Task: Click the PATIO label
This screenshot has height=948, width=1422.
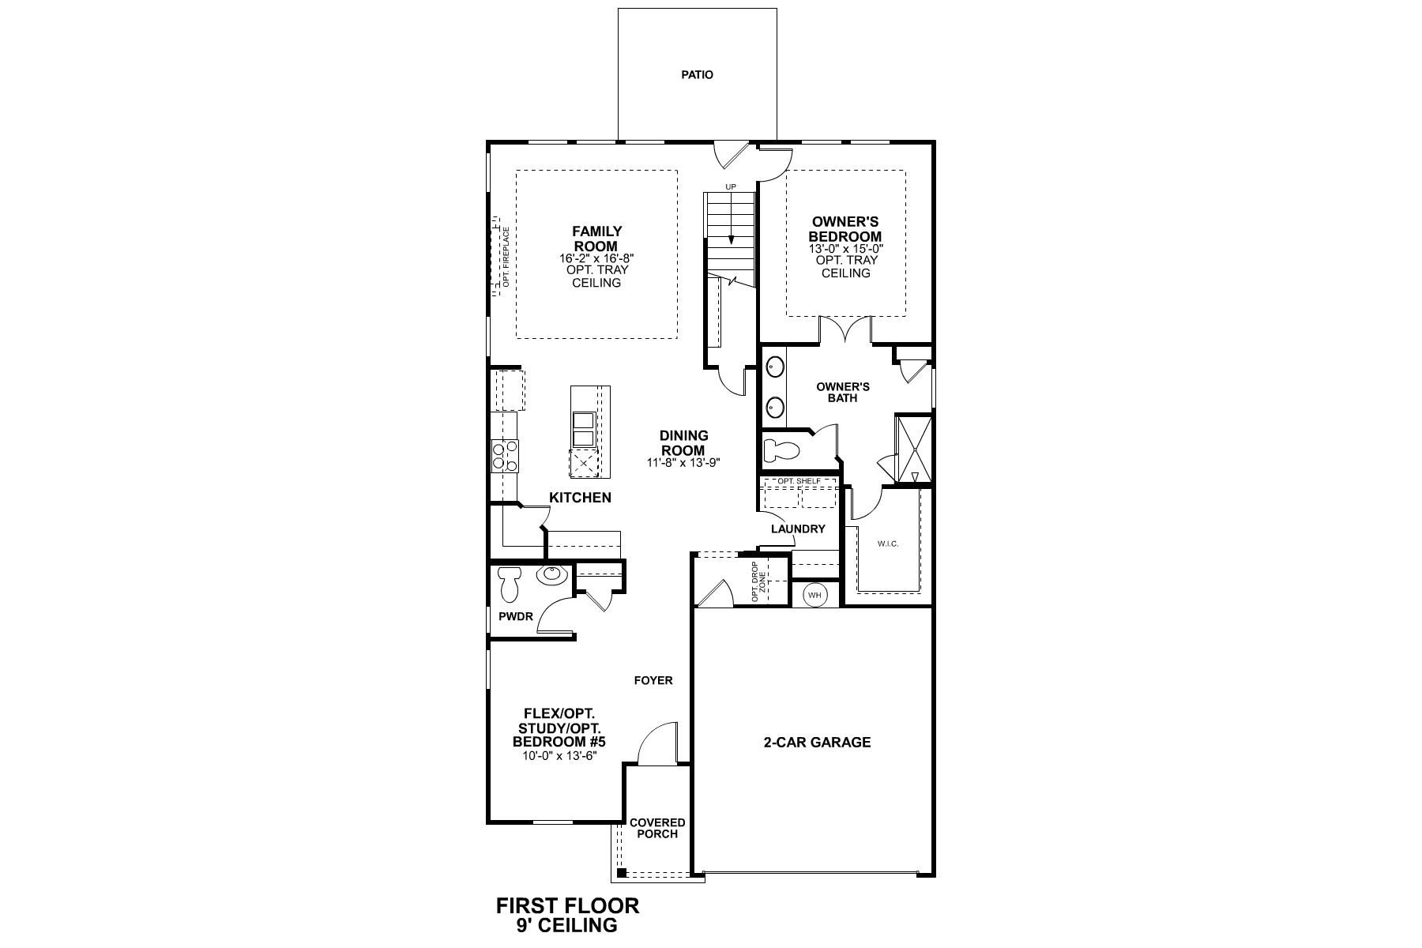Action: pos(697,75)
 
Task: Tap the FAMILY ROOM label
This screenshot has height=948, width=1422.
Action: pos(596,239)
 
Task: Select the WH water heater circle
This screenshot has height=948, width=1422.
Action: pos(814,595)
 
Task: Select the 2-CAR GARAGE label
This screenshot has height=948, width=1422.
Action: pos(817,742)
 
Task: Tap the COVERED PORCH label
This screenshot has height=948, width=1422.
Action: pos(657,828)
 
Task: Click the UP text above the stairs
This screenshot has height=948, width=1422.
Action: pos(731,186)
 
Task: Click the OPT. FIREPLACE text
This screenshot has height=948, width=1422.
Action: pos(506,258)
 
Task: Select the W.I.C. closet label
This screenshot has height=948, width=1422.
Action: pos(888,544)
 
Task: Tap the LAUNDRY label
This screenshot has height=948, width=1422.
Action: pos(798,529)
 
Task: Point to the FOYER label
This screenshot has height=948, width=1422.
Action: pos(653,680)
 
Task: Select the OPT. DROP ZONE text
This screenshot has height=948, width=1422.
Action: pos(758,582)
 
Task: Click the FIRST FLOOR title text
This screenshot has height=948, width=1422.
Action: pos(567,905)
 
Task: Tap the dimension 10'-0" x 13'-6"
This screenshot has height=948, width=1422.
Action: pos(559,755)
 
